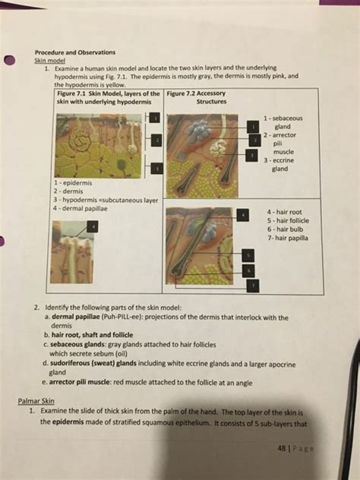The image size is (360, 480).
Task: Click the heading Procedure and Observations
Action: pyautogui.click(x=75, y=52)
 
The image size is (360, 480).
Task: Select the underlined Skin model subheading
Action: pyautogui.click(x=49, y=59)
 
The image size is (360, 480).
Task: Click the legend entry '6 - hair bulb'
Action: pyautogui.click(x=285, y=229)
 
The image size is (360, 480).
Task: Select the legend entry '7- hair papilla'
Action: pyautogui.click(x=287, y=238)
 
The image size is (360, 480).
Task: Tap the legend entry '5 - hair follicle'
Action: pyautogui.click(x=288, y=220)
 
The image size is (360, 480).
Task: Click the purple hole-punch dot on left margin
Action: pyautogui.click(x=9, y=62)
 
